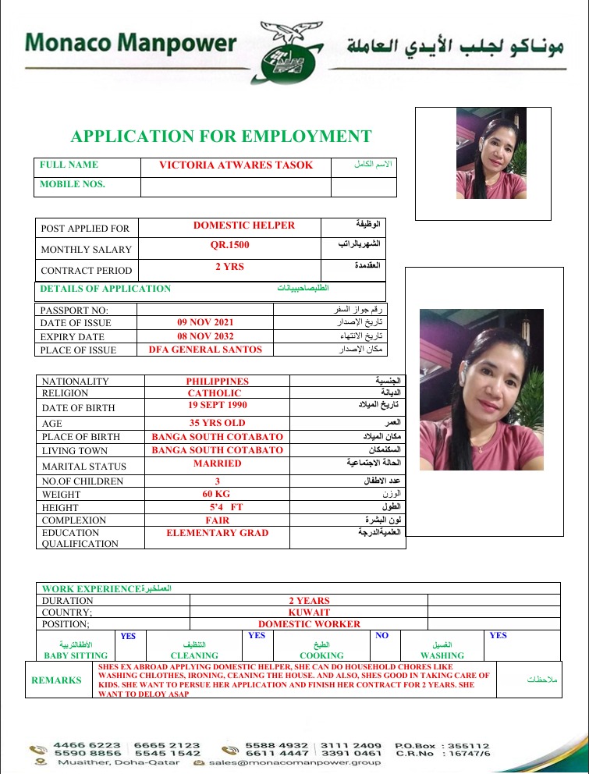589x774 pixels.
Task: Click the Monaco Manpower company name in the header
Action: [x=130, y=42]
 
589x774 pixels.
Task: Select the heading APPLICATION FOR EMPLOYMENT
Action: [x=221, y=137]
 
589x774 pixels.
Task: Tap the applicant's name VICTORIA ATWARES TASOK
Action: [x=236, y=165]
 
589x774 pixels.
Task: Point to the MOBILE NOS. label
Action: [x=73, y=185]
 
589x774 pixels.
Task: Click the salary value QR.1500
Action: [x=229, y=245]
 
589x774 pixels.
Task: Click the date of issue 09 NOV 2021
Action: [x=204, y=321]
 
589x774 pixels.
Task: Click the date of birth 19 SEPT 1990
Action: [x=217, y=406]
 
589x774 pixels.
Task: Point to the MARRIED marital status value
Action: [x=218, y=463]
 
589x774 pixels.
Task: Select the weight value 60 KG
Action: [x=218, y=493]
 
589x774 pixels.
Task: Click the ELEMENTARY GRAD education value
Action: [x=217, y=533]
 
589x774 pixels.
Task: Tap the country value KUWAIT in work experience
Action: [x=309, y=612]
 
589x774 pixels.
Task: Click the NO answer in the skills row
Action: [x=381, y=636]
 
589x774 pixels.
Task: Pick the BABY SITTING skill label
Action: [x=75, y=655]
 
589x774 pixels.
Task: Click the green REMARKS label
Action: [x=56, y=680]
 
